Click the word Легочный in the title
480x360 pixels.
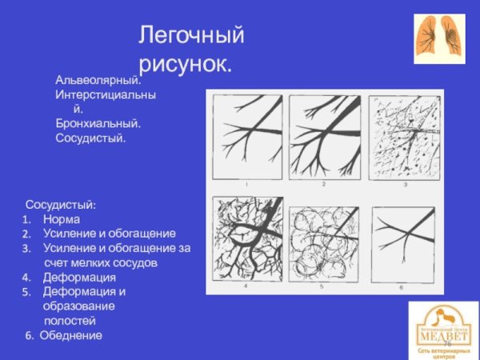pos(191,35)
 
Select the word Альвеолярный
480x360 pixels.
pos(98,81)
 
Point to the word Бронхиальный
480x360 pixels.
pos(98,124)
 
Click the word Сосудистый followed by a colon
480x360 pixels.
pos(61,206)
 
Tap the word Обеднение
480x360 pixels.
pos(70,335)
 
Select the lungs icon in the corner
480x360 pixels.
pos(439,38)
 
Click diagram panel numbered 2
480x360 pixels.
pos(325,138)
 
